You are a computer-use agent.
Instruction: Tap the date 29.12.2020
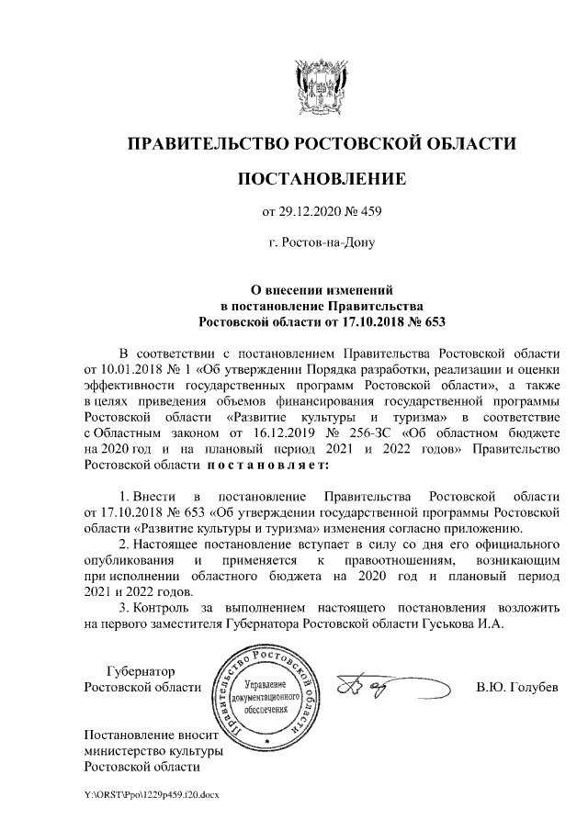311,215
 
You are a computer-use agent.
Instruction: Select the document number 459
368,215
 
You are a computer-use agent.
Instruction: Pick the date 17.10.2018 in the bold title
356,321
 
